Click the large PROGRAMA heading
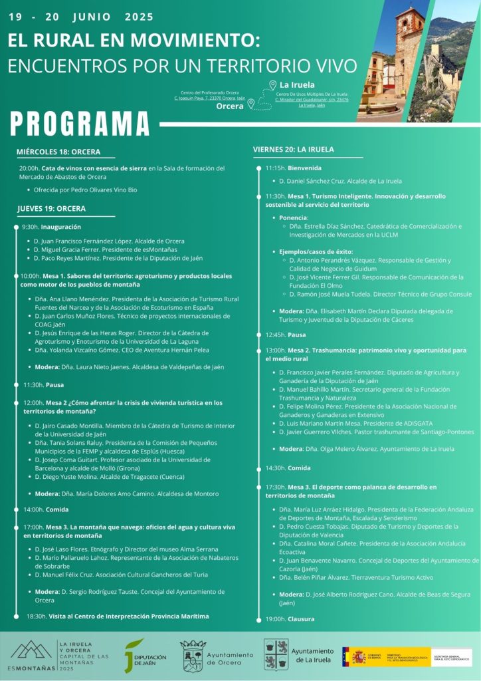point(80,124)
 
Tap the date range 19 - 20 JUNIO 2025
point(81,17)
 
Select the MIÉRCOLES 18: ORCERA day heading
point(58,152)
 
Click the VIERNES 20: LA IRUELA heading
point(293,149)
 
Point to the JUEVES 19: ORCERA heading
point(51,208)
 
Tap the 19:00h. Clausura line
point(280,618)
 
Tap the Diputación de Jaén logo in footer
point(145,654)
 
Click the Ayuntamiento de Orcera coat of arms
point(193,655)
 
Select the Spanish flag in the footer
point(353,656)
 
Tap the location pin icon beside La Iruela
point(272,85)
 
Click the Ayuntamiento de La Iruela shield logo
point(276,654)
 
